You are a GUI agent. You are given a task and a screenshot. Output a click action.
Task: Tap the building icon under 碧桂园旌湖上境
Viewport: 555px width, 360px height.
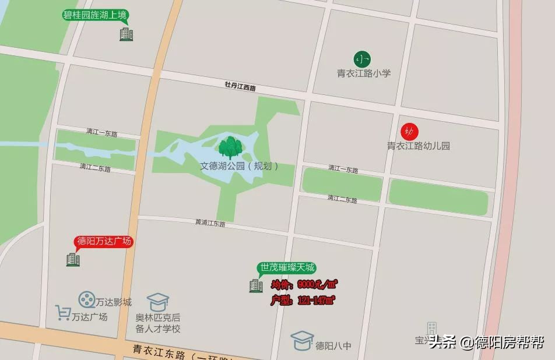coord(126,34)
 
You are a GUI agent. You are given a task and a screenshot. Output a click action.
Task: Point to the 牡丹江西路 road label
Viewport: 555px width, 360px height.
coord(240,87)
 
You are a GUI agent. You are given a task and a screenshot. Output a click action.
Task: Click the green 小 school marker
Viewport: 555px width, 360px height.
coord(363,59)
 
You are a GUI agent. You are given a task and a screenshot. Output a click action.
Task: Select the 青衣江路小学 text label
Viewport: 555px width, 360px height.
coord(364,73)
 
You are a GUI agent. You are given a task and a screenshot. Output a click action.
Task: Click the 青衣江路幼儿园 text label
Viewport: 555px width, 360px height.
coord(419,146)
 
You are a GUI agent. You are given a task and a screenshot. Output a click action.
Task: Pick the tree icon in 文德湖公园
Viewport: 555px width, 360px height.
coord(230,147)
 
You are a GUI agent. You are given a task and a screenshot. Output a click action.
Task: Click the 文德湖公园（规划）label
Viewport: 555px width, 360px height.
coord(240,166)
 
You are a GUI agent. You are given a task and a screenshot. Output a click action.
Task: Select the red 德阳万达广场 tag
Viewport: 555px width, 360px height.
coord(104,241)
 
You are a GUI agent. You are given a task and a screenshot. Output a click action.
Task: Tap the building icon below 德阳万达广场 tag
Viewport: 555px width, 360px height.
coord(73,259)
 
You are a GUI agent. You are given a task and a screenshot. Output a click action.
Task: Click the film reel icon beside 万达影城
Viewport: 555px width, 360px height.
coord(87,300)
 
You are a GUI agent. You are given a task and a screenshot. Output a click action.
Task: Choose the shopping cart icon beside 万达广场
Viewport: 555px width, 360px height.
coord(63,313)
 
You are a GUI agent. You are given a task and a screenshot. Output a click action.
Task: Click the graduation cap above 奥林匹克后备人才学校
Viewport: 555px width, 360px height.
coord(157,301)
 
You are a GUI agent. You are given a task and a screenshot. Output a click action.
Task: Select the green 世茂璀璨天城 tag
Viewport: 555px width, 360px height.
coord(287,268)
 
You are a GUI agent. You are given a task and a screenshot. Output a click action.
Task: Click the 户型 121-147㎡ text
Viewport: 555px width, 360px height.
coord(303,301)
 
